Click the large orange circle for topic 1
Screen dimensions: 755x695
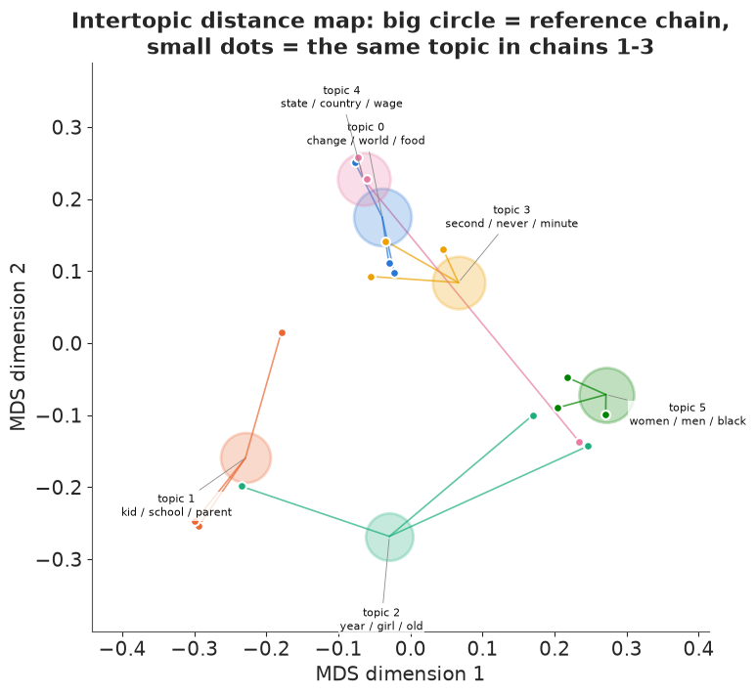246,457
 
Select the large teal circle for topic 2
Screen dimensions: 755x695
389,537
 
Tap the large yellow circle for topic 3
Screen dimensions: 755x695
459,283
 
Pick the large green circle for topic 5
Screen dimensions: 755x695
606,395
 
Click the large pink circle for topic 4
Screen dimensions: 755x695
364,180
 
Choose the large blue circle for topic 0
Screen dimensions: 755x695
382,218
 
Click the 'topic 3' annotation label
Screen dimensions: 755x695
511,210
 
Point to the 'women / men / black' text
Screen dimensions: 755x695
688,421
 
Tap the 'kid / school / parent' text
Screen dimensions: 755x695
176,512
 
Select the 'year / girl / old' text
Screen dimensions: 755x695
381,627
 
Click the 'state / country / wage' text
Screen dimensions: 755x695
341,104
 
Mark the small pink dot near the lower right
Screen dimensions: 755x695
579,442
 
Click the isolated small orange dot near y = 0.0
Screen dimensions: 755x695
283,333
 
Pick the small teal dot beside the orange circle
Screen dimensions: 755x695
243,487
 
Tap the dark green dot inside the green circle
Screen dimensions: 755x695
605,414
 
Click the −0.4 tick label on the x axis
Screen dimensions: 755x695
122,648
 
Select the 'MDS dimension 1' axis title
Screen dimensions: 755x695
400,673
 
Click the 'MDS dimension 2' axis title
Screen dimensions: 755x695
18,347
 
